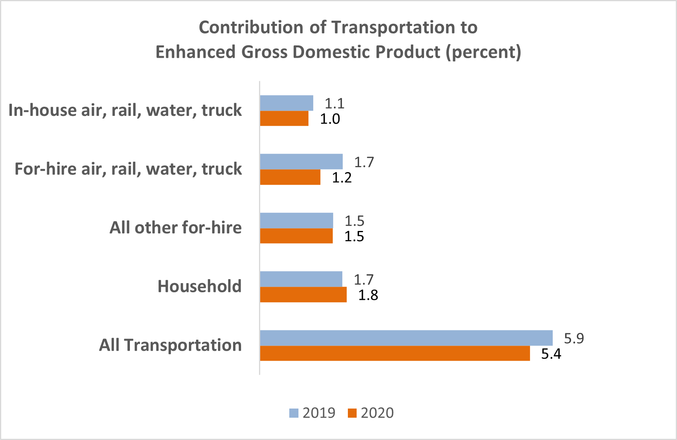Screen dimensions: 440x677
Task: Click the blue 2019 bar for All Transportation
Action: [406, 338]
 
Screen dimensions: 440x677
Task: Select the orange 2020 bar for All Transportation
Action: [394, 354]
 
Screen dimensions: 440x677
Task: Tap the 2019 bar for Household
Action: [301, 279]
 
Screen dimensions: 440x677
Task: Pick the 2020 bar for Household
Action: [303, 295]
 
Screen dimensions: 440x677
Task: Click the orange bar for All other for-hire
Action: [296, 236]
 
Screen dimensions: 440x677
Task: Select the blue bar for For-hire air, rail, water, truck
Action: [301, 162]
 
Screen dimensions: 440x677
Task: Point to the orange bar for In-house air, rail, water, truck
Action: [284, 119]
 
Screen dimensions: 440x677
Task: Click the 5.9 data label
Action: [574, 338]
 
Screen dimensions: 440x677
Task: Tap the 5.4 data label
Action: [551, 354]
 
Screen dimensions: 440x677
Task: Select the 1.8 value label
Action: [368, 295]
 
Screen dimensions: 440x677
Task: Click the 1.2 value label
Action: [342, 178]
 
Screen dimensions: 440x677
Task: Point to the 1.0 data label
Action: [330, 119]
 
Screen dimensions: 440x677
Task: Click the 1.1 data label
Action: [334, 104]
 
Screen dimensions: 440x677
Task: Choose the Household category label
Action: [199, 286]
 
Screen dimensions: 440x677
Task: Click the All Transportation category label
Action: [170, 345]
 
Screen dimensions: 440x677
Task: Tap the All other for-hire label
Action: [175, 228]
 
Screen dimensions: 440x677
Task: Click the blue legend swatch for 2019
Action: [294, 413]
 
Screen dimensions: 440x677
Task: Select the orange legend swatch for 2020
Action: [352, 413]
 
